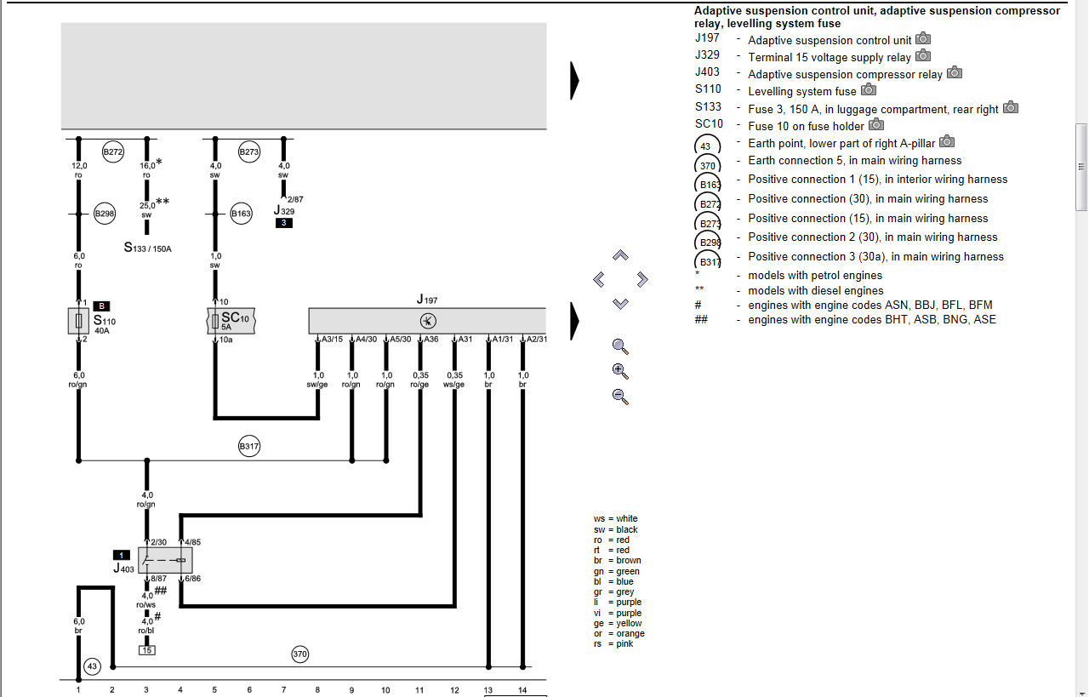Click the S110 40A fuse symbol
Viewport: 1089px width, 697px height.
click(x=78, y=321)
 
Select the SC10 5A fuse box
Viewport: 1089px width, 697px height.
click(x=231, y=321)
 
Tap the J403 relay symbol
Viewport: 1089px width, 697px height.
click(x=165, y=560)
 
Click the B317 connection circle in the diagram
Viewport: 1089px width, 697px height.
click(x=249, y=446)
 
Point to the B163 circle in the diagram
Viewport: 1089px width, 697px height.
click(x=241, y=214)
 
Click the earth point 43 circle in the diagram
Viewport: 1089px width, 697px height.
click(x=93, y=666)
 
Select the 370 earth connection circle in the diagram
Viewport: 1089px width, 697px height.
click(x=300, y=654)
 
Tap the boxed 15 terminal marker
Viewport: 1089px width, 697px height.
click(x=147, y=650)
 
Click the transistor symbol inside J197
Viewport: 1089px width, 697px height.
click(x=428, y=321)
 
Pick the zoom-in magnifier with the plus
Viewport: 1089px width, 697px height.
click(x=620, y=371)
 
